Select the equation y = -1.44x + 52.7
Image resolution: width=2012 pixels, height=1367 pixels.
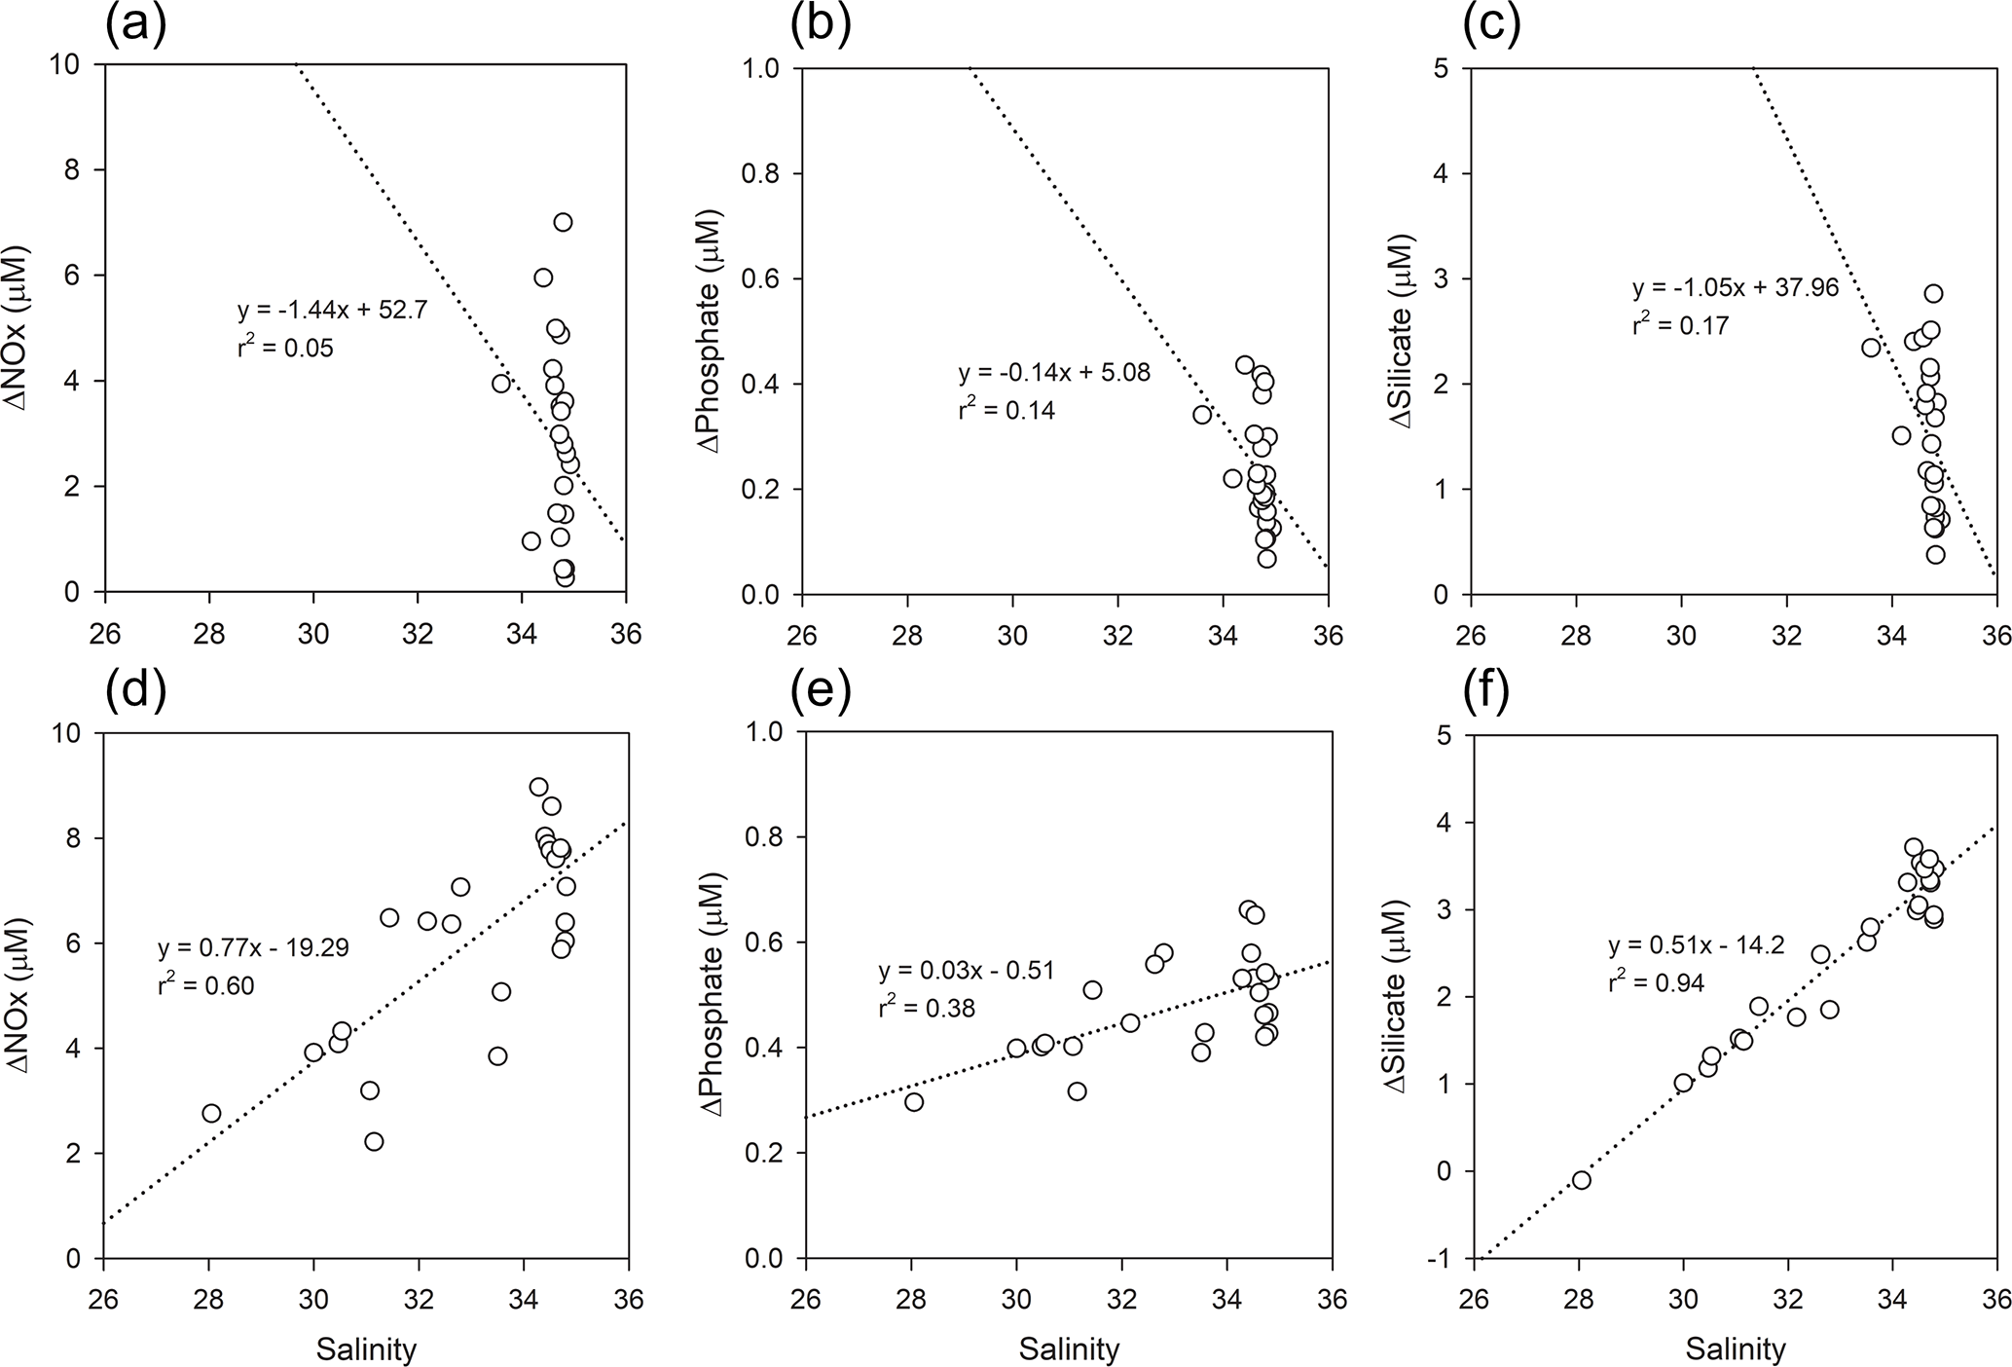pos(332,312)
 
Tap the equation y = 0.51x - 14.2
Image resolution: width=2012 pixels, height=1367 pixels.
pos(1696,945)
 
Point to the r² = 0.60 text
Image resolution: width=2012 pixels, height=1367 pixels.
pos(205,985)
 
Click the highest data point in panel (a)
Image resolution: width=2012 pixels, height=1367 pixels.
pos(563,222)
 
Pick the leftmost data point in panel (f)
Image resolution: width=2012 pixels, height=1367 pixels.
pos(1581,1180)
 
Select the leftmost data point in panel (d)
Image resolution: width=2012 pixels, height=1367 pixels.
pos(211,1113)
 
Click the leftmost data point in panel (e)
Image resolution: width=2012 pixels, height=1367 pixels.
pos(913,1102)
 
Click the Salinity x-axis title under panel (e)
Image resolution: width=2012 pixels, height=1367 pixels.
pos(1069,1349)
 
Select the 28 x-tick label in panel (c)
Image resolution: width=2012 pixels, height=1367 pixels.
pos(1576,636)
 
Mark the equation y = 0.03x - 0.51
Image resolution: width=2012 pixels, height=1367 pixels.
pos(966,971)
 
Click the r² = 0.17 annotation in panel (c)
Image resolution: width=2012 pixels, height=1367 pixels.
pos(1680,325)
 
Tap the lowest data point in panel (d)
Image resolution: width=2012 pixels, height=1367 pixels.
pos(374,1141)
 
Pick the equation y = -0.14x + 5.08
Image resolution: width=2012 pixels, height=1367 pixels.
pos(1054,373)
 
